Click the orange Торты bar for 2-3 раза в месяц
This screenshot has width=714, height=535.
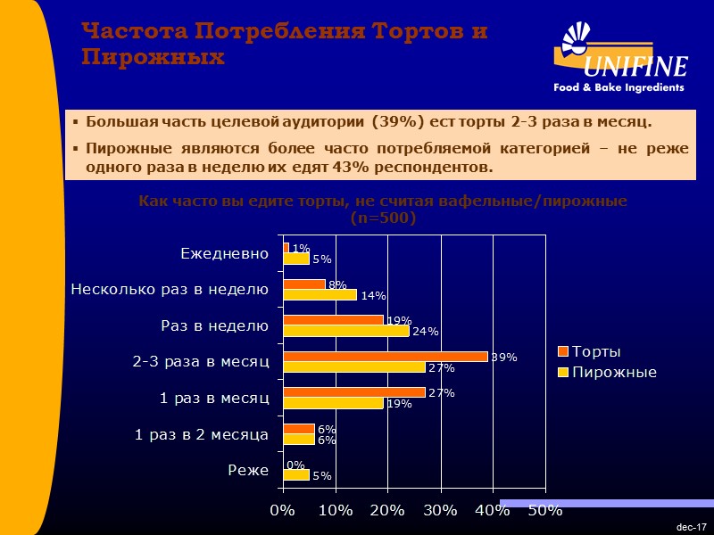386,357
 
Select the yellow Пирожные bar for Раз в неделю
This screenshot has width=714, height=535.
345,331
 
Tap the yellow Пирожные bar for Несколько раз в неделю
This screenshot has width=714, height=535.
320,294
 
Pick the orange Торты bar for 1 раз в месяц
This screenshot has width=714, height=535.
353,392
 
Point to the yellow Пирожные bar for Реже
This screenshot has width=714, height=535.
295,475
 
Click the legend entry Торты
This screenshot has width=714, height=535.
596,351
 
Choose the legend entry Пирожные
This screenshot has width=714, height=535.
614,372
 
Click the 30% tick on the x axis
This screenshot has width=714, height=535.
440,511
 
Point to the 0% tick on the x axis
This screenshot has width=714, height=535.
282,511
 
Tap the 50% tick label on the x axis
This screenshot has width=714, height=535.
544,511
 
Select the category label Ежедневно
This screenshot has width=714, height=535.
224,253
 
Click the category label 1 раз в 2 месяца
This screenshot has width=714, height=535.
202,434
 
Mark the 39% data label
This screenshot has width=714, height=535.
504,358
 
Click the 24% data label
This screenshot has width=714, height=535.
426,332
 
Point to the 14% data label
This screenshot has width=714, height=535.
373,295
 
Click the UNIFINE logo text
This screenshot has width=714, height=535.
635,68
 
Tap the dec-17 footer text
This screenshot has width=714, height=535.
692,528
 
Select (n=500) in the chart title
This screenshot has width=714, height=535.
383,217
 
